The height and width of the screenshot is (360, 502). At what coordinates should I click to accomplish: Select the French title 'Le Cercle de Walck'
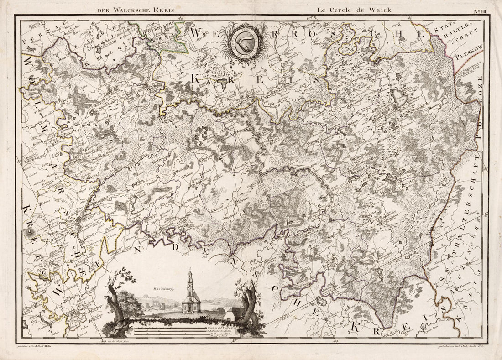click(347, 8)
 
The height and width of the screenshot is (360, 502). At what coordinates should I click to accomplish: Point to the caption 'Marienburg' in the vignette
click(162, 288)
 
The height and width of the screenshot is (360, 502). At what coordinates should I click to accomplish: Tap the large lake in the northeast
click(400, 97)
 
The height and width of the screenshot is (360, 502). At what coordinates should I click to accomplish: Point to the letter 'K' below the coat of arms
click(196, 79)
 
